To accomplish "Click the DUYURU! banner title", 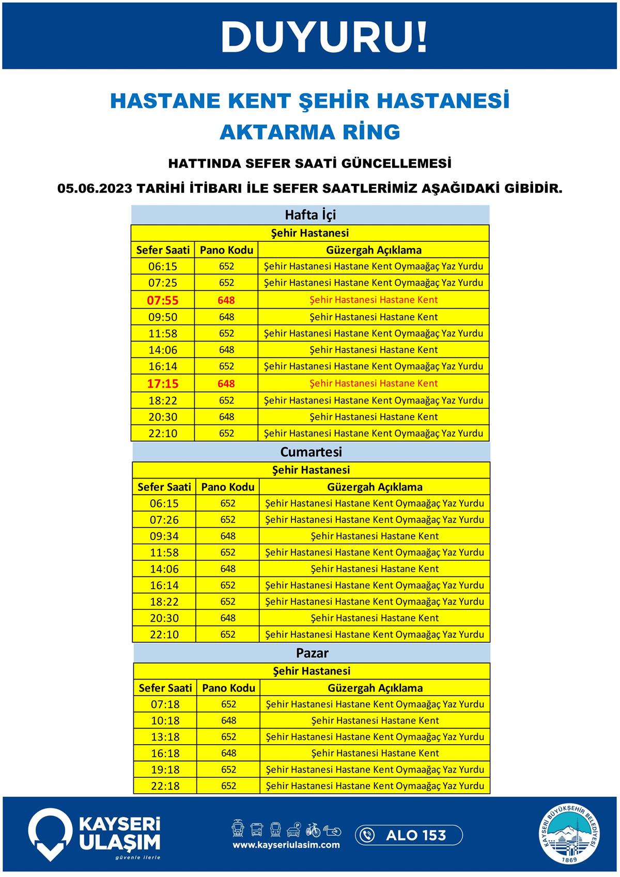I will click(x=324, y=37).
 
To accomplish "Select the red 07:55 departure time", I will click(x=163, y=300).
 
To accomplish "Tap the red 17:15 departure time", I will click(x=163, y=383).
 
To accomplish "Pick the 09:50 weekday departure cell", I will click(x=163, y=317).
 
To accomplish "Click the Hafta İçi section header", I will click(x=310, y=215).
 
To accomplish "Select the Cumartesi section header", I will click(x=311, y=452).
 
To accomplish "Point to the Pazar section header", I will click(x=312, y=653).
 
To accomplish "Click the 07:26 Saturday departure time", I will click(x=164, y=520).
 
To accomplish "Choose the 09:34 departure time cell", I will click(x=164, y=536).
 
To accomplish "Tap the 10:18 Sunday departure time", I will click(x=165, y=720).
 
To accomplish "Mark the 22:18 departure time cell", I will click(x=165, y=786).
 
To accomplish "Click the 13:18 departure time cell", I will click(x=165, y=737).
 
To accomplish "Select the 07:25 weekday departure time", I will click(x=163, y=283).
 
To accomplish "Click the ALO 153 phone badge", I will click(x=408, y=835).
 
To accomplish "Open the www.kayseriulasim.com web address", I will click(x=286, y=845).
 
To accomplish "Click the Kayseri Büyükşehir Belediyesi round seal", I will click(x=571, y=835).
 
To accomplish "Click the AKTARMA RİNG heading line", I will click(x=310, y=132).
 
